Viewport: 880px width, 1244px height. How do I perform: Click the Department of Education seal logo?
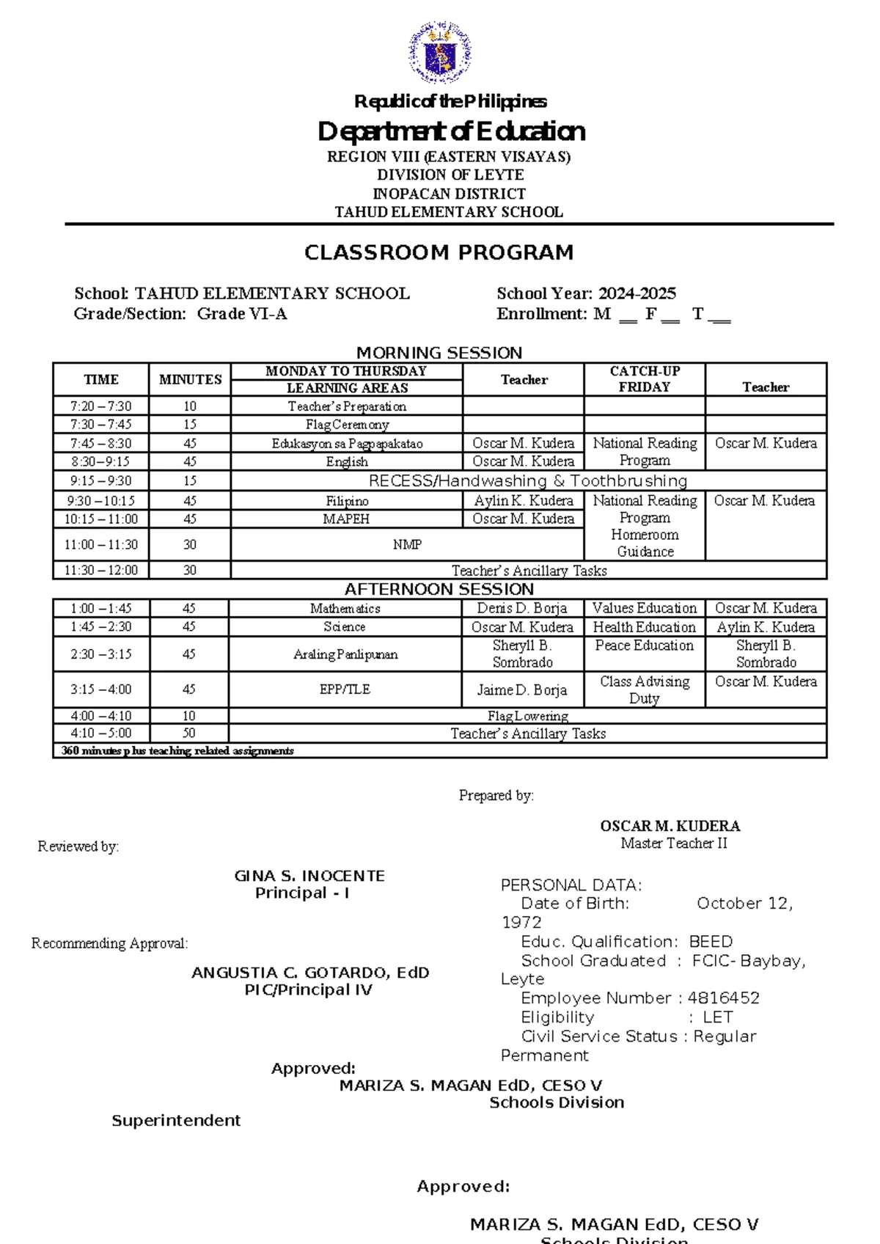439,52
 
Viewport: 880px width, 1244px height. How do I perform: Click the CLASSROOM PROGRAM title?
439,253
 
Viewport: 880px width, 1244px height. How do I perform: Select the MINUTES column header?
190,379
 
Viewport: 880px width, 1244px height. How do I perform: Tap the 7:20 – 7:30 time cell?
101,406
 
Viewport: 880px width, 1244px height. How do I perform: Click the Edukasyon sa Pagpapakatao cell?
347,444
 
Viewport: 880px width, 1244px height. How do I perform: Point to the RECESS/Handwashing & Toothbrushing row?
527,481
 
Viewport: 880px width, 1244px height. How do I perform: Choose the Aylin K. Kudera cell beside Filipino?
523,501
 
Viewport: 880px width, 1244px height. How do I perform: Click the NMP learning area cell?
407,545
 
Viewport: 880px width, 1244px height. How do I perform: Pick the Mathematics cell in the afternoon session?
345,609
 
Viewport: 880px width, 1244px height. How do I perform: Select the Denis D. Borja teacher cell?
522,609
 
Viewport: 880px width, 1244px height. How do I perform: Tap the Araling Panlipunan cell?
345,654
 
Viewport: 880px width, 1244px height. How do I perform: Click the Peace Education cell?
644,646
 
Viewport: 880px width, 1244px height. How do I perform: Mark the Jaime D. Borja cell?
522,690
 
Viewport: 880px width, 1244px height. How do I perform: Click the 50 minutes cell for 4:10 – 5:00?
188,733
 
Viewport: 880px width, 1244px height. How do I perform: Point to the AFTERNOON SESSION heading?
439,590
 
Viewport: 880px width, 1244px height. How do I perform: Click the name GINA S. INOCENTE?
309,876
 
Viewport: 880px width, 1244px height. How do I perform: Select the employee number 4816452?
723,998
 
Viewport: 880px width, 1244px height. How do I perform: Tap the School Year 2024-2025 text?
586,294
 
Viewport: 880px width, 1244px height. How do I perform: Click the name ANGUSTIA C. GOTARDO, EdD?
310,973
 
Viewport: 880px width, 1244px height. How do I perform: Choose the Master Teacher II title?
673,844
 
